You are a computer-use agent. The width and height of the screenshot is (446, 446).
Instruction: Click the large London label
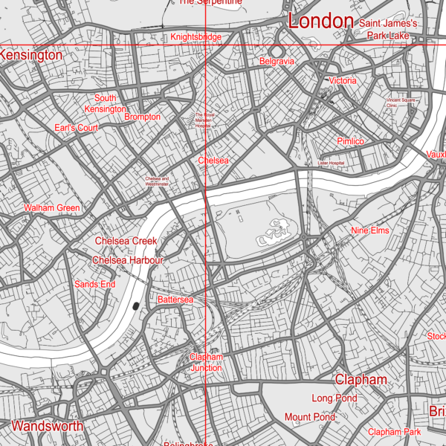(x=320, y=22)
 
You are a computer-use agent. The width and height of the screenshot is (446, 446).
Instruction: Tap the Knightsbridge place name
(x=195, y=37)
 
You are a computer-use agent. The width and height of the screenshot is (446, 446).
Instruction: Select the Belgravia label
(x=277, y=61)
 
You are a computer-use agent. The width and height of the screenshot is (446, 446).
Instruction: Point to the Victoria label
(x=343, y=80)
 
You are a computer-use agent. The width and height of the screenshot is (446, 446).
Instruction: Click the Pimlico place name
(x=350, y=141)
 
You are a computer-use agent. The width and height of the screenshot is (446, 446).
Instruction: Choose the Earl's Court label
(x=77, y=128)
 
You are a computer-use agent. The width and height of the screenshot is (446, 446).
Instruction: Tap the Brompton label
(x=142, y=117)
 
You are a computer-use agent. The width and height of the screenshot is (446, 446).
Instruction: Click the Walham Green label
(x=52, y=208)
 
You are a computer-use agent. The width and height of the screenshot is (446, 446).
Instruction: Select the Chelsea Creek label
(x=126, y=241)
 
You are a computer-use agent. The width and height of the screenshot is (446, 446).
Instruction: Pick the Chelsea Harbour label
(x=128, y=260)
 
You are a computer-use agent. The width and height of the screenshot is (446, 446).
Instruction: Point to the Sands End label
(x=95, y=284)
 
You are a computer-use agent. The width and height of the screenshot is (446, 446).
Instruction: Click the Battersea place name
(x=175, y=299)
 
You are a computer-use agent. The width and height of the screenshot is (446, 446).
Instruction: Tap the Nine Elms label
(x=370, y=231)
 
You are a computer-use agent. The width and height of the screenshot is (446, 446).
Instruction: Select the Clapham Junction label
(x=206, y=362)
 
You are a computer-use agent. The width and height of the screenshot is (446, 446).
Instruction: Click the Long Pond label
(x=334, y=398)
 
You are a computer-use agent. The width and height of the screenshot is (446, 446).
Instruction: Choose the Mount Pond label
(x=310, y=417)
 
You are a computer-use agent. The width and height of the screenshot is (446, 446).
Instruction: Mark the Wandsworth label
(x=48, y=427)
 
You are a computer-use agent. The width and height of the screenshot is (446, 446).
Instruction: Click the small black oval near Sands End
(x=135, y=305)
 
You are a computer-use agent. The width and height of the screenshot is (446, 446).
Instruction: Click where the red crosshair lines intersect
(x=205, y=46)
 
